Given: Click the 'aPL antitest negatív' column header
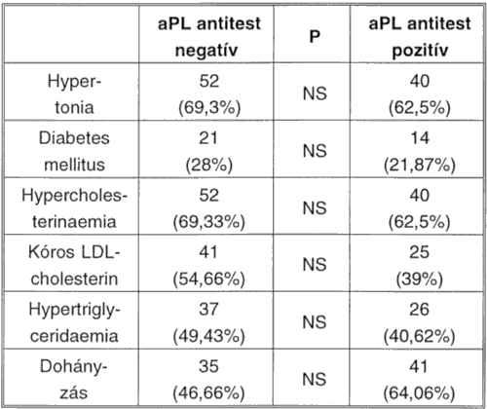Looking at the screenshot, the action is click(x=209, y=36).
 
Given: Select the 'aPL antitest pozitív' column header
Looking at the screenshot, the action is click(x=420, y=36).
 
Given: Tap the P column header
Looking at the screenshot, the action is click(x=315, y=36).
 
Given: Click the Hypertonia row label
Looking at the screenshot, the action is click(x=74, y=93).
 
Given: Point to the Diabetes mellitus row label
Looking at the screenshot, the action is click(x=74, y=151).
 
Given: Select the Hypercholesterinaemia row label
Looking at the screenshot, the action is click(x=74, y=208).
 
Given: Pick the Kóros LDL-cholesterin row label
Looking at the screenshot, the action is click(x=74, y=265).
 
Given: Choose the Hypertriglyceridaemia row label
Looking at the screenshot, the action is click(x=74, y=322).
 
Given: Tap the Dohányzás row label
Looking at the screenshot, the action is click(x=74, y=380).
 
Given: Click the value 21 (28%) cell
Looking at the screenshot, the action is click(x=208, y=151).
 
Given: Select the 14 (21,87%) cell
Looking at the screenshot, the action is click(x=420, y=151).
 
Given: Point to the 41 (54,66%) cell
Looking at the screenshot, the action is click(x=208, y=265).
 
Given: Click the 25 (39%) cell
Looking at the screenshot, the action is click(x=420, y=265).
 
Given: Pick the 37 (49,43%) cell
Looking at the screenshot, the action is click(x=208, y=322).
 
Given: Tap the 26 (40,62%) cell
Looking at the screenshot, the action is click(x=420, y=322).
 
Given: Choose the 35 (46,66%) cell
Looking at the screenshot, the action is click(x=208, y=380).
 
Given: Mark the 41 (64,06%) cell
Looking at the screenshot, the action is click(x=420, y=380).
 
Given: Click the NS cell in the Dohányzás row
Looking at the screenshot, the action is click(x=315, y=380).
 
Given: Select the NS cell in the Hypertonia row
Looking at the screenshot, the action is click(x=315, y=93).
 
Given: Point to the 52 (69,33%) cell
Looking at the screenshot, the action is click(x=208, y=208).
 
